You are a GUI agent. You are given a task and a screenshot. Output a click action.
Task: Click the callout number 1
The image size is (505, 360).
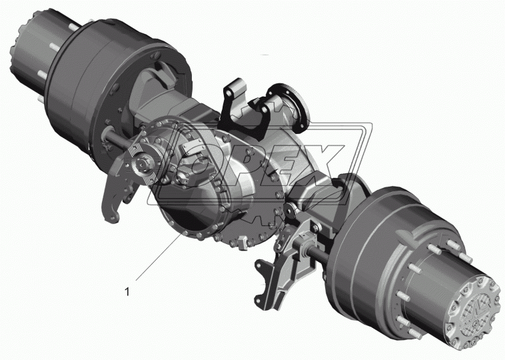127,292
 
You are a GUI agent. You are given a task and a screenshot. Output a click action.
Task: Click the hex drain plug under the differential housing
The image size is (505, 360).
242,242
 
